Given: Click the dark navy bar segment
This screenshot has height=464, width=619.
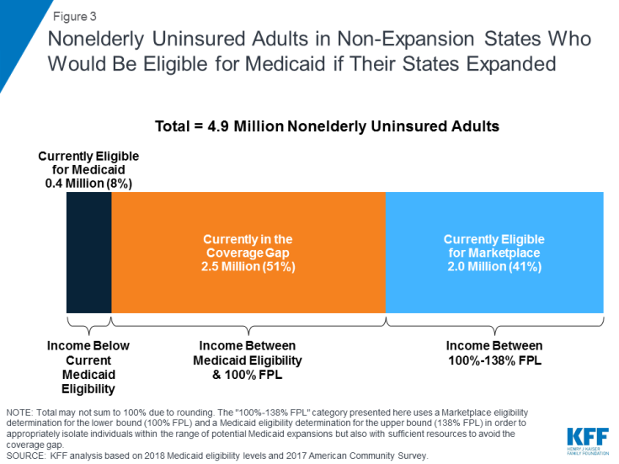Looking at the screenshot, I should point(88,253).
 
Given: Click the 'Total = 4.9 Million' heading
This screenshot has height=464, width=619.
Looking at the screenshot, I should point(327,126).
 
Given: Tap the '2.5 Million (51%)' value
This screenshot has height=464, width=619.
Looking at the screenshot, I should point(248,266).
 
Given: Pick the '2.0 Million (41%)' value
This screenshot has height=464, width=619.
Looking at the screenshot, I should point(494,266).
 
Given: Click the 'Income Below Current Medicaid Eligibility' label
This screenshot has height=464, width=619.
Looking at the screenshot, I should point(88,367).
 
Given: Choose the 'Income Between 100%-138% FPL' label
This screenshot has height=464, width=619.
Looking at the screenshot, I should point(494,353).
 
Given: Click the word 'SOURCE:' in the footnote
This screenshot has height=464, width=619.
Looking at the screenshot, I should point(29,456).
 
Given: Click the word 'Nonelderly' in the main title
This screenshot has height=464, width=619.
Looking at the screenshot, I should point(97,40).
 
